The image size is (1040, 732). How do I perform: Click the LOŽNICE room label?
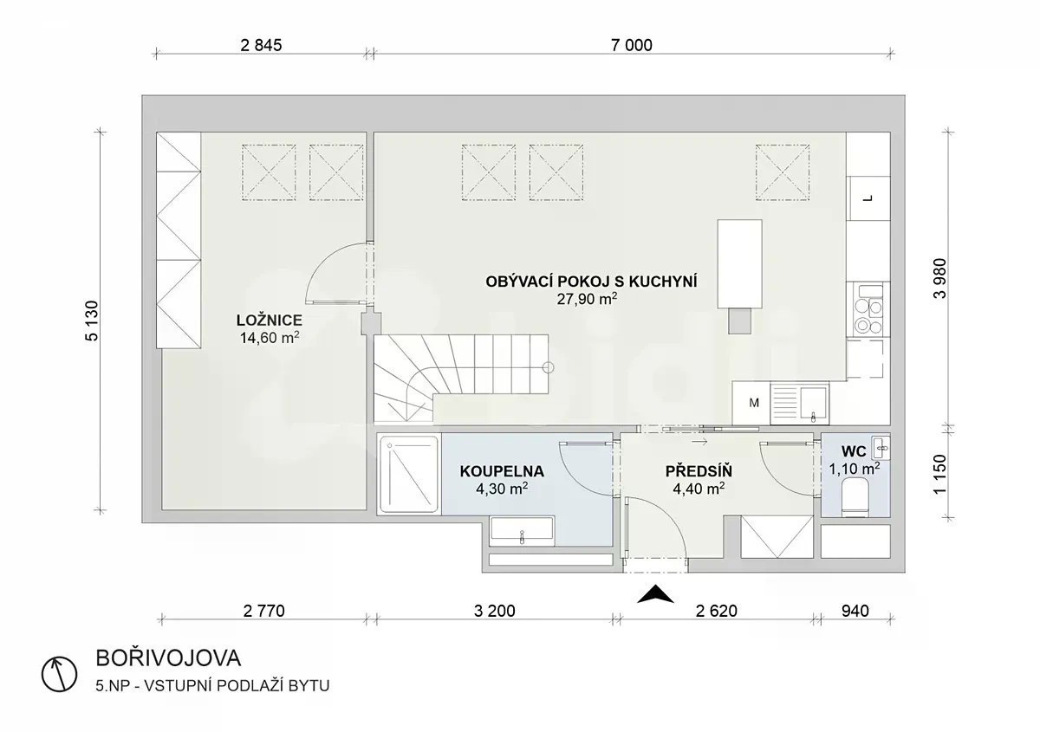coord(270,321)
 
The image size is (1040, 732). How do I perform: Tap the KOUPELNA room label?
coord(502,471)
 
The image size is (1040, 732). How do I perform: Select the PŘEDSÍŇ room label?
coord(699,470)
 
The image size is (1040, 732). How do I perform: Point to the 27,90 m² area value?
coord(588,299)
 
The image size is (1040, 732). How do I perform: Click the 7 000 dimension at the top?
coord(632,45)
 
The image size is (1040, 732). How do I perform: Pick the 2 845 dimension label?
coord(262,45)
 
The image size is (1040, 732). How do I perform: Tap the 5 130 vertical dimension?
coord(92,321)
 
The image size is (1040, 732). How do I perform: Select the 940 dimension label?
coord(855,611)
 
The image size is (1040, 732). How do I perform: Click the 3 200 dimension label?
coord(495,611)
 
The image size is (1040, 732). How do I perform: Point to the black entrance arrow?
coord(655,594)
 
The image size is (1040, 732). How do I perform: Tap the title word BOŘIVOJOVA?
coord(168,658)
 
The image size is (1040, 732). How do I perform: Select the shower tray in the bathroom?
coord(408,474)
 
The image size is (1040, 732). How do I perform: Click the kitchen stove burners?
coord(868,315)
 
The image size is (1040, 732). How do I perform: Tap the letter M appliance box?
coord(751,403)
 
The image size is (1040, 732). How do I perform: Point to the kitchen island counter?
coord(739,263)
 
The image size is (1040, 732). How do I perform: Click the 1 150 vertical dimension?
coord(939,475)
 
